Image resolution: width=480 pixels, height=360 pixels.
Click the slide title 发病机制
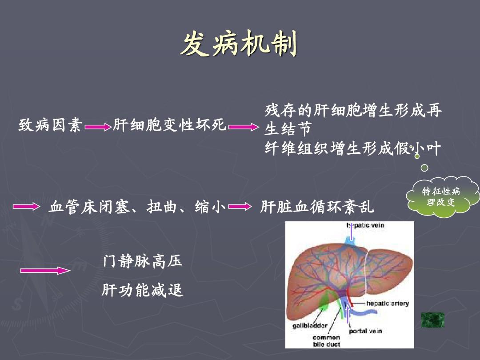click(239, 44)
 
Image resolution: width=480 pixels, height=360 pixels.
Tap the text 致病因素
click(50, 125)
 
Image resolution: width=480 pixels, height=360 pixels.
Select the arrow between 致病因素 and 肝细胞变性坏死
click(98, 127)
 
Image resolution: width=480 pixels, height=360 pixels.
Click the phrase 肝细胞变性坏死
click(169, 125)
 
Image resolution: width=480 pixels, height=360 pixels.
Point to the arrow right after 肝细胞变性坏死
click(244, 127)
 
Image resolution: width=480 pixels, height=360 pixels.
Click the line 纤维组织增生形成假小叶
click(353, 148)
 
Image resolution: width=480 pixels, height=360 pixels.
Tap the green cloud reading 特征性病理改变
click(442, 196)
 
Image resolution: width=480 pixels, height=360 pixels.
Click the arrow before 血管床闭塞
click(26, 207)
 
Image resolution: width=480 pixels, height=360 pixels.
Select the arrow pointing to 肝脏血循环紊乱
click(240, 207)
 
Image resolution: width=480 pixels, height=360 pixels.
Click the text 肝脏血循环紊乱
click(317, 207)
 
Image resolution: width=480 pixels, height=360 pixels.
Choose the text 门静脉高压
click(143, 261)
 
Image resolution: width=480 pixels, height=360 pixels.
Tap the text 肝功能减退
click(143, 290)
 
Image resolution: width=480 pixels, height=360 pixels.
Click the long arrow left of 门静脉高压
click(45, 270)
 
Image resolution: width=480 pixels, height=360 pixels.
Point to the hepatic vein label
click(365, 225)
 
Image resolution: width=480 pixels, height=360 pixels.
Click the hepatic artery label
click(388, 304)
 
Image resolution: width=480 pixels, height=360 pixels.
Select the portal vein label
click(365, 331)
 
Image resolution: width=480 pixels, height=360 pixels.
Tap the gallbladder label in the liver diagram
click(310, 325)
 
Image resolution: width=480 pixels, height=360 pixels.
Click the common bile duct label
click(326, 341)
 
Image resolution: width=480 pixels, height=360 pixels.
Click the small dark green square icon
click(433, 320)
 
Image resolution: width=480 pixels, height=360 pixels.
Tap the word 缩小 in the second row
click(210, 207)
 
